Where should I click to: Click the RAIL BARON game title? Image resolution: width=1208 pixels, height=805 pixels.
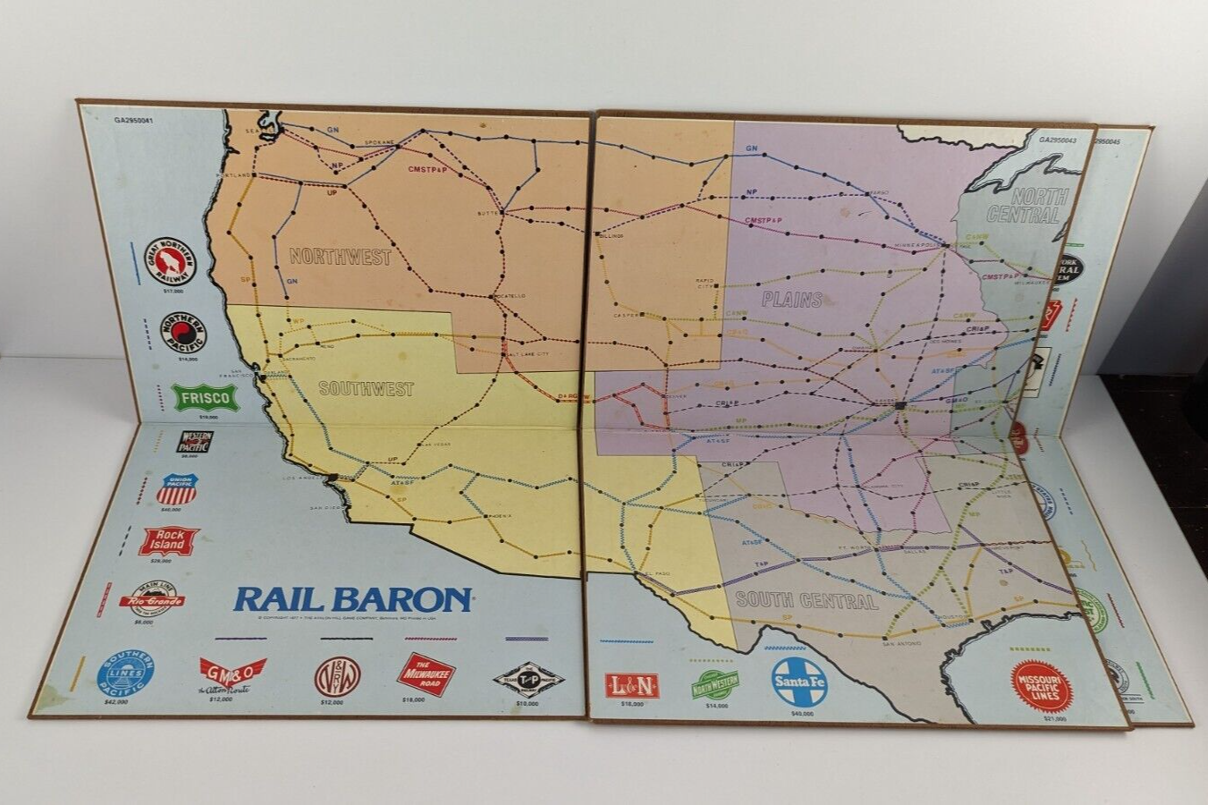pyautogui.click(x=352, y=598)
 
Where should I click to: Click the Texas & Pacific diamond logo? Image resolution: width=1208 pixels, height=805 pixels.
pyautogui.click(x=528, y=677)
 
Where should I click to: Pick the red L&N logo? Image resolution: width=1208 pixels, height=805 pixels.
pyautogui.click(x=631, y=685)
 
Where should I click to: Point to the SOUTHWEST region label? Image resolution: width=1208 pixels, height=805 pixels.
pyautogui.click(x=366, y=389)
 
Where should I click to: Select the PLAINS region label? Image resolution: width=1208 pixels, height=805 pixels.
pyautogui.click(x=792, y=299)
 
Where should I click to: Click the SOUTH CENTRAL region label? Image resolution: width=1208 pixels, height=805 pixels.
pyautogui.click(x=806, y=600)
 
